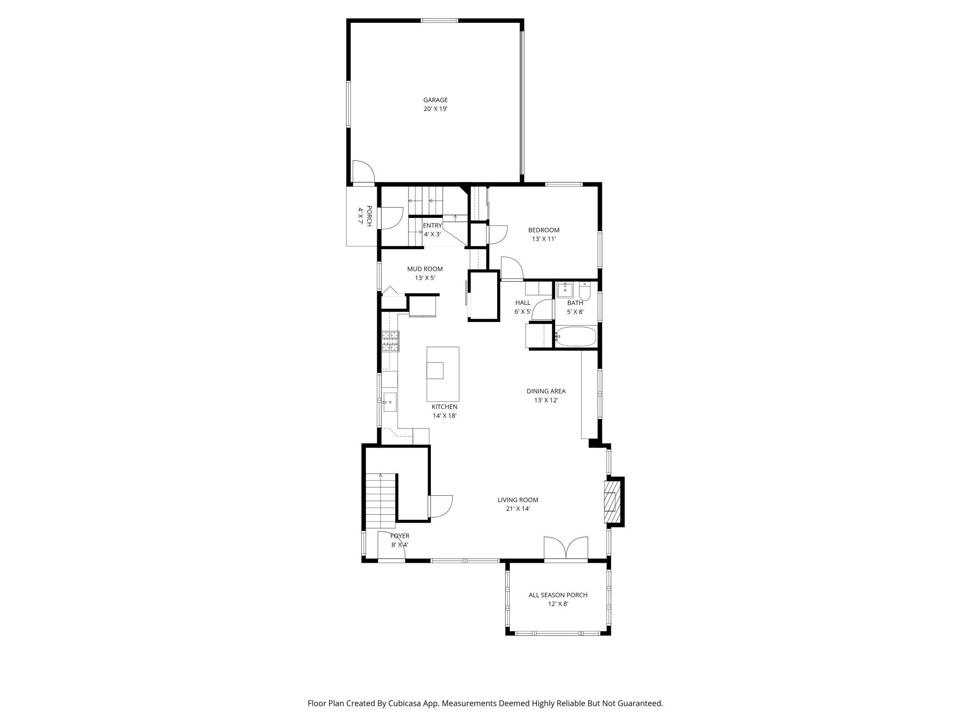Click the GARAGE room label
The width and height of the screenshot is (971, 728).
435,100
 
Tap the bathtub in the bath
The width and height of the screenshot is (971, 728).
576,336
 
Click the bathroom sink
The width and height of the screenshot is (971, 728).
565,289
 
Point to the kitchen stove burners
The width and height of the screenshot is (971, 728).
391,341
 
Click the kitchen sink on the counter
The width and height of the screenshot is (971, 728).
389,402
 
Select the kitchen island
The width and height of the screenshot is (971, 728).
443,374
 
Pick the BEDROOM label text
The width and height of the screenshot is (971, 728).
543,230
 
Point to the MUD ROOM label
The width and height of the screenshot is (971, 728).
425,269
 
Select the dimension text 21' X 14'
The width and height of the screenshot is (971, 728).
518,509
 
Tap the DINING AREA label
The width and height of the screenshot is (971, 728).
546,391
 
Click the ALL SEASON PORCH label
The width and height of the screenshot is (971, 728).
558,595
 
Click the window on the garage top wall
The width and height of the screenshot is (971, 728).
439,20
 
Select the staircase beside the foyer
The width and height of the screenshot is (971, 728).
380,501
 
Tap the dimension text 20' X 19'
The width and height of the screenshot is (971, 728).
435,109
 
